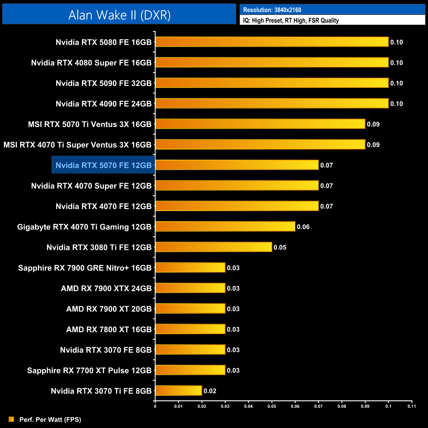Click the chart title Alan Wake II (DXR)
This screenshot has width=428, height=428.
tap(119, 15)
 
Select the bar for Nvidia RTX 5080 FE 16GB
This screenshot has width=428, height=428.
tap(272, 42)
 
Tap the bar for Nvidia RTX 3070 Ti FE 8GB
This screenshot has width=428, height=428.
tap(178, 390)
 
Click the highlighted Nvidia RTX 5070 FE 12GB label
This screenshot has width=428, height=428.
tap(103, 165)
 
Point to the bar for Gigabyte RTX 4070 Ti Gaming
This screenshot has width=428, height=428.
tap(225, 227)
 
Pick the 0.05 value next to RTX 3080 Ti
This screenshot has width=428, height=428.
tap(280, 247)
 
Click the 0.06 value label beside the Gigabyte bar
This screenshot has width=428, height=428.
tap(303, 227)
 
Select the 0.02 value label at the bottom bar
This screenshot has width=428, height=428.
tap(210, 391)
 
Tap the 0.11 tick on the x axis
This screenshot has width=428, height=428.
tap(412, 406)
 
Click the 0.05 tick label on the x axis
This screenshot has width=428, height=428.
tap(272, 406)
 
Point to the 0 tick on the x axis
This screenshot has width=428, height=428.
tap(155, 406)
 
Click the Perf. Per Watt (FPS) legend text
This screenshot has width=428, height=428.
tap(50, 419)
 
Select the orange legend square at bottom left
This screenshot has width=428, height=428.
tap(12, 419)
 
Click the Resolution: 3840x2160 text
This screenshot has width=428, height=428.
tap(272, 10)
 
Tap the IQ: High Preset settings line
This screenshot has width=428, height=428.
tap(291, 20)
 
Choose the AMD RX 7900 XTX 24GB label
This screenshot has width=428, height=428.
tap(106, 288)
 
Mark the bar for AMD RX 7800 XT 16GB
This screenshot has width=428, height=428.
tap(190, 329)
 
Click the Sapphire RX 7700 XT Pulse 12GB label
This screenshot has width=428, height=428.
tap(89, 370)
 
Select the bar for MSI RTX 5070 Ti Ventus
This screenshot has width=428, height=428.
tap(260, 124)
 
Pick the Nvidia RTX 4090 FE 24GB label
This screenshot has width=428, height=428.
tap(103, 104)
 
